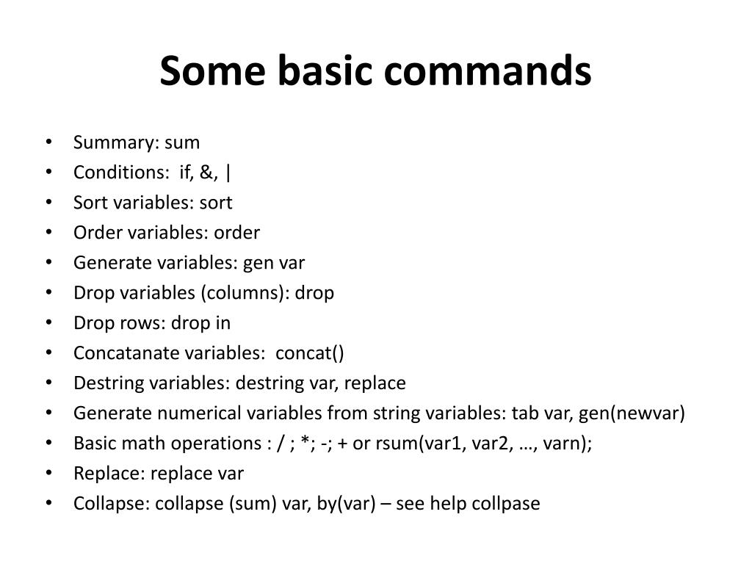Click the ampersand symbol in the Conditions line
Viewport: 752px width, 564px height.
coord(212,173)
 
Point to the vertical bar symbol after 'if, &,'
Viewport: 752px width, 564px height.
coord(229,173)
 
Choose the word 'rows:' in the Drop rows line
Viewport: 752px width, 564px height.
coord(145,323)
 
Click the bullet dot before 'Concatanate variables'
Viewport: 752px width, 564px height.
coord(48,353)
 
